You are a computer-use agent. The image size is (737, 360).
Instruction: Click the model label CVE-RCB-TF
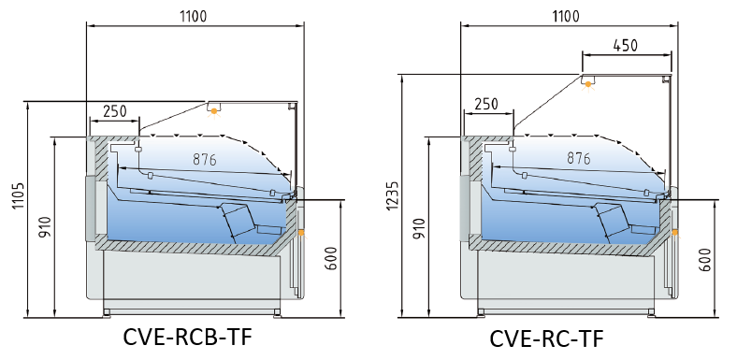pyautogui.click(x=188, y=337)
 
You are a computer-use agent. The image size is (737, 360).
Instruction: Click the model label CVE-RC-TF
pyautogui.click(x=546, y=338)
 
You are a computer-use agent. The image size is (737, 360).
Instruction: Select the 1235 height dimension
pyautogui.click(x=393, y=195)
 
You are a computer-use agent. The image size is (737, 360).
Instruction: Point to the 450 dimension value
pyautogui.click(x=626, y=45)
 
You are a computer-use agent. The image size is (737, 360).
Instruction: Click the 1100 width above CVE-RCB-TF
pyautogui.click(x=194, y=16)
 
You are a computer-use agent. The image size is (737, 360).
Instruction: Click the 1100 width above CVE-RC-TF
pyautogui.click(x=566, y=16)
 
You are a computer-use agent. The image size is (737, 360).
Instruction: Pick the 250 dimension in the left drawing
pyautogui.click(x=115, y=111)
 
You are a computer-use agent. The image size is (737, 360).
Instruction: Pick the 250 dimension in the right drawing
pyautogui.click(x=486, y=104)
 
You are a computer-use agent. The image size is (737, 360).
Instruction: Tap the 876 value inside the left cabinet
pyautogui.click(x=205, y=159)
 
